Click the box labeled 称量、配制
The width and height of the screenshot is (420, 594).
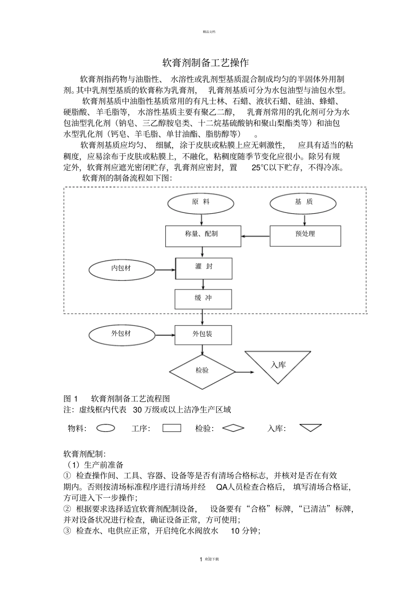click(x=203, y=236)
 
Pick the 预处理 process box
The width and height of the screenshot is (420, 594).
click(x=305, y=236)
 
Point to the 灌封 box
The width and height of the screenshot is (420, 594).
click(x=204, y=268)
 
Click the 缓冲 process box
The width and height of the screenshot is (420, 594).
click(x=203, y=299)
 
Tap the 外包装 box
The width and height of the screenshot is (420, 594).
click(x=203, y=335)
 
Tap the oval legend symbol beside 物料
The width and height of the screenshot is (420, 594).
click(x=106, y=428)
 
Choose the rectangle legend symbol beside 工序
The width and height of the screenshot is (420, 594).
click(x=172, y=428)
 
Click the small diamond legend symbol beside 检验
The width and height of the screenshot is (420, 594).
click(x=233, y=428)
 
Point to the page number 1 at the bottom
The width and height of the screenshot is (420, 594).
click(x=201, y=559)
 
